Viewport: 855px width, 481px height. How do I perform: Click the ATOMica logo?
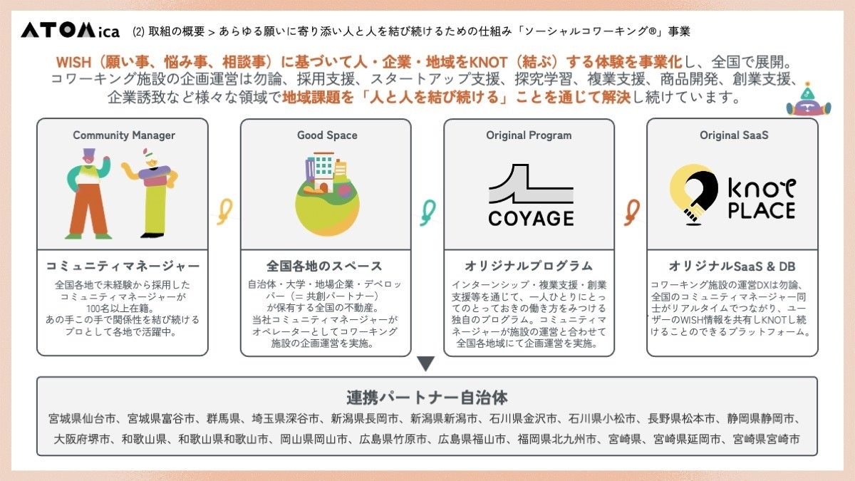[71, 30]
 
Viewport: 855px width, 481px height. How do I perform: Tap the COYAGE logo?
[531, 195]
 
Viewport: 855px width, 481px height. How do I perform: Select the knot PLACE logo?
[733, 195]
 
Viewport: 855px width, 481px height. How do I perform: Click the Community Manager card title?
[124, 135]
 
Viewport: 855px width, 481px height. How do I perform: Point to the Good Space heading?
[327, 135]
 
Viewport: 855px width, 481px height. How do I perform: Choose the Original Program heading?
[529, 135]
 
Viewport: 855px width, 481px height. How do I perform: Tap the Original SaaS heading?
[734, 135]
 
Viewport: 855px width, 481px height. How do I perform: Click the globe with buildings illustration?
[327, 194]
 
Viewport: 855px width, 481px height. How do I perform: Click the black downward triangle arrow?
[426, 363]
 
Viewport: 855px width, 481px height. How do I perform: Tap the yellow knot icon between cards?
[225, 212]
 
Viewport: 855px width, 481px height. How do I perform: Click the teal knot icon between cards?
[428, 212]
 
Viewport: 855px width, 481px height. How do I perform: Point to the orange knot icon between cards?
[632, 212]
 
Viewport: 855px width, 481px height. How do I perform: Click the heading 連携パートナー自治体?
[427, 398]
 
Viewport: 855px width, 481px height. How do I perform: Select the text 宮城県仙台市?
[82, 419]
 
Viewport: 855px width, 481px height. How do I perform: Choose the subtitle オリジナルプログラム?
[529, 266]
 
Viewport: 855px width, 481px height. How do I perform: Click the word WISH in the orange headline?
[73, 62]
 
